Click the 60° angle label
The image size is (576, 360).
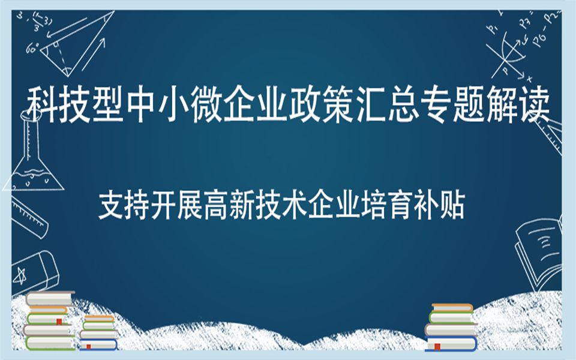[x=31, y=48]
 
